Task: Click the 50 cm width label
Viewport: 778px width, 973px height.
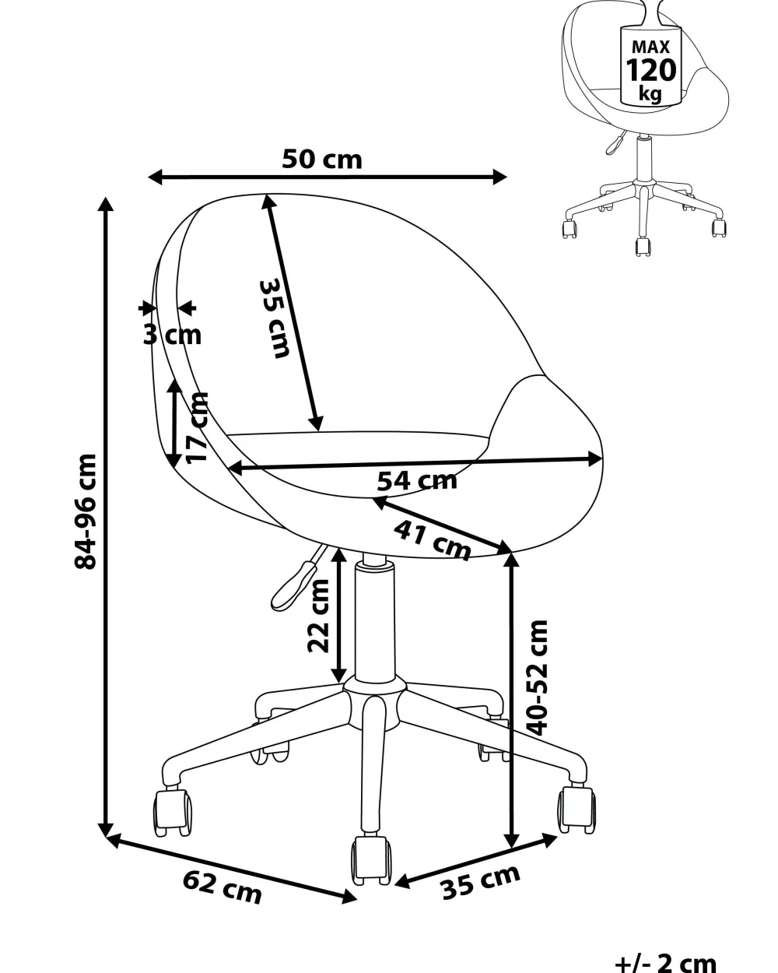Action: pos(322,160)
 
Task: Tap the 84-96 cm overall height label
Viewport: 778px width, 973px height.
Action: pos(85,511)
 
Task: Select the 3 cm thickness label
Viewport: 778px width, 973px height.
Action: pos(172,335)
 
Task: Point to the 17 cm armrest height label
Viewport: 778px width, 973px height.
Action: pos(197,427)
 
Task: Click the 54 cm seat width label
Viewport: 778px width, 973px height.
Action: pos(417,480)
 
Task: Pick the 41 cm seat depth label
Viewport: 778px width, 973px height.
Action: pos(432,539)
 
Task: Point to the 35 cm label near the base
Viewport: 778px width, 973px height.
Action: pos(481,882)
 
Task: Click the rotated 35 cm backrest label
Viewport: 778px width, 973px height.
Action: pos(274,319)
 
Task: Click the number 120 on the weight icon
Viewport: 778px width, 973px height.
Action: pos(651,70)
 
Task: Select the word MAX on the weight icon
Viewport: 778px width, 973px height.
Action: pos(650,47)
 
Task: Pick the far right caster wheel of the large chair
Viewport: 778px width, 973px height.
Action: pos(576,810)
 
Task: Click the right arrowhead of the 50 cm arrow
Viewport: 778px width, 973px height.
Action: pos(500,177)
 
